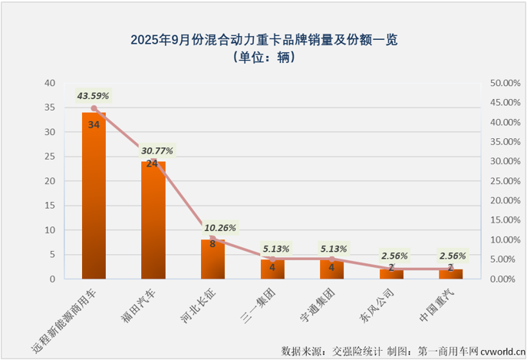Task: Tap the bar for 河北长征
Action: [212, 261]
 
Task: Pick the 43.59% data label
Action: [93, 96]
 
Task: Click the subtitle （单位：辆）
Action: [264, 57]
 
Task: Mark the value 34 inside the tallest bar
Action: [94, 124]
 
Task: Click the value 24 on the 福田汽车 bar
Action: [153, 164]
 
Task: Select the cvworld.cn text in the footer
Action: [499, 351]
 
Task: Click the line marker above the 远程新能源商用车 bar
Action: [94, 108]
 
